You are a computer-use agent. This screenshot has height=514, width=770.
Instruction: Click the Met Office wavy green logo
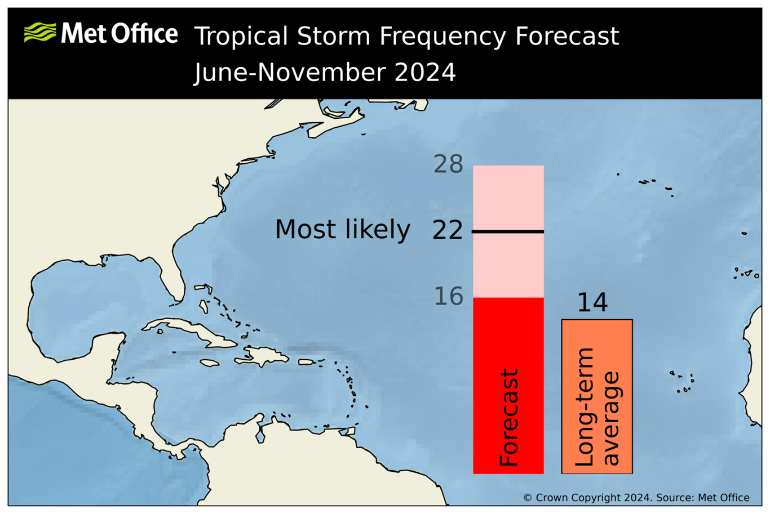pyautogui.click(x=40, y=33)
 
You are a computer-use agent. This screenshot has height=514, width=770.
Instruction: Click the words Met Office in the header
pyautogui.click(x=120, y=34)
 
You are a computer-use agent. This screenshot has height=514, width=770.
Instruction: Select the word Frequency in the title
pyautogui.click(x=442, y=37)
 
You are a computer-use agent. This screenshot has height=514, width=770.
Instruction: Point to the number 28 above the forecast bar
pyautogui.click(x=448, y=164)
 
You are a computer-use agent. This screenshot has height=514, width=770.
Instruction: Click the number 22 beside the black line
pyautogui.click(x=448, y=231)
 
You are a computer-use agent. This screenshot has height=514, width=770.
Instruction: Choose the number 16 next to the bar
pyautogui.click(x=448, y=297)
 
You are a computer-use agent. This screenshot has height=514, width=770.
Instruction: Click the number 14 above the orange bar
pyautogui.click(x=592, y=303)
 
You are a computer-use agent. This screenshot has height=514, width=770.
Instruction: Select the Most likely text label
pyautogui.click(x=342, y=230)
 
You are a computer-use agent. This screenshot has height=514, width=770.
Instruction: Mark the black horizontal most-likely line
pyautogui.click(x=508, y=231)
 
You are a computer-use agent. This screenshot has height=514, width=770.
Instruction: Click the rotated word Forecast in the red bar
pyautogui.click(x=508, y=417)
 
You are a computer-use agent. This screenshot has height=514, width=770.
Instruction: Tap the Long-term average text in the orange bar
pyautogui.click(x=597, y=407)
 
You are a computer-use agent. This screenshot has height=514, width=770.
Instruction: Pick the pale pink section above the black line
pyautogui.click(x=508, y=197)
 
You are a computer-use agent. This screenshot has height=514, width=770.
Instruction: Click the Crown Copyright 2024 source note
pyautogui.click(x=636, y=498)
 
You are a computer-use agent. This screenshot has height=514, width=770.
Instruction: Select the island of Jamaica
pyautogui.click(x=209, y=363)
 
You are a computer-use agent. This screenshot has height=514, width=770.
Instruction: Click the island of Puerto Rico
pyautogui.click(x=306, y=361)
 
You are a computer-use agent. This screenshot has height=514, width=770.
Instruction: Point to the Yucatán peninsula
pyautogui.click(x=107, y=343)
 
